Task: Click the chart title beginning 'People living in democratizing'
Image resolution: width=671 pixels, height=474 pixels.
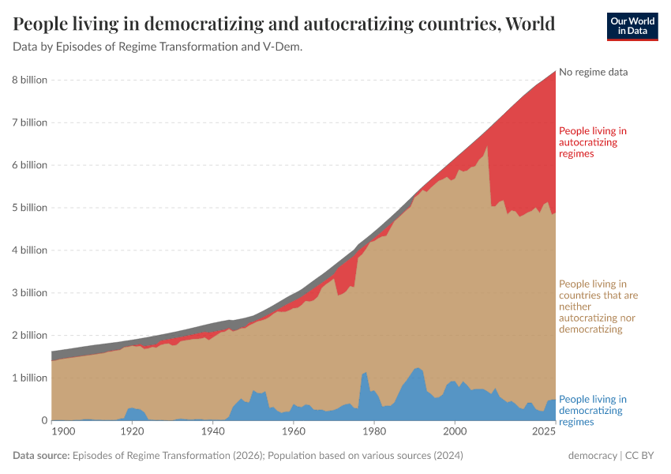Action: tap(284, 24)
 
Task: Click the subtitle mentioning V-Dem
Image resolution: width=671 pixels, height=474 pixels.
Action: tap(158, 47)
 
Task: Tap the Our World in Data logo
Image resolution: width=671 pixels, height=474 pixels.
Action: tap(632, 26)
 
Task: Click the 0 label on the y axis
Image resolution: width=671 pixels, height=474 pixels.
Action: tap(43, 420)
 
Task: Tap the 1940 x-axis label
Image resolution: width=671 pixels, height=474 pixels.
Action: tap(212, 432)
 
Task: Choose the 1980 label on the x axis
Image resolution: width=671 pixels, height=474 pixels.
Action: tap(374, 432)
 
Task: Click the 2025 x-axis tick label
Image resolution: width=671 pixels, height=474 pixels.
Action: tap(545, 432)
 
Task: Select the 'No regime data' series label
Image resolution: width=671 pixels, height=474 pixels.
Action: tap(593, 72)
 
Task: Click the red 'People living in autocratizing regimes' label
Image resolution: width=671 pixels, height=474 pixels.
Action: tap(592, 142)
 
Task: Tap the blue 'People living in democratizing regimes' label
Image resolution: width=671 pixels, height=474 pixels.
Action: tap(592, 411)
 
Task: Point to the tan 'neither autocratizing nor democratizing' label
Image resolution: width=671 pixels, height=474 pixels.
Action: tap(598, 306)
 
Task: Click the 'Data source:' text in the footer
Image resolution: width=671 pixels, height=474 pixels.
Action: tap(41, 456)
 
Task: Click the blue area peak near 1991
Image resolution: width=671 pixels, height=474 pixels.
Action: tap(418, 368)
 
